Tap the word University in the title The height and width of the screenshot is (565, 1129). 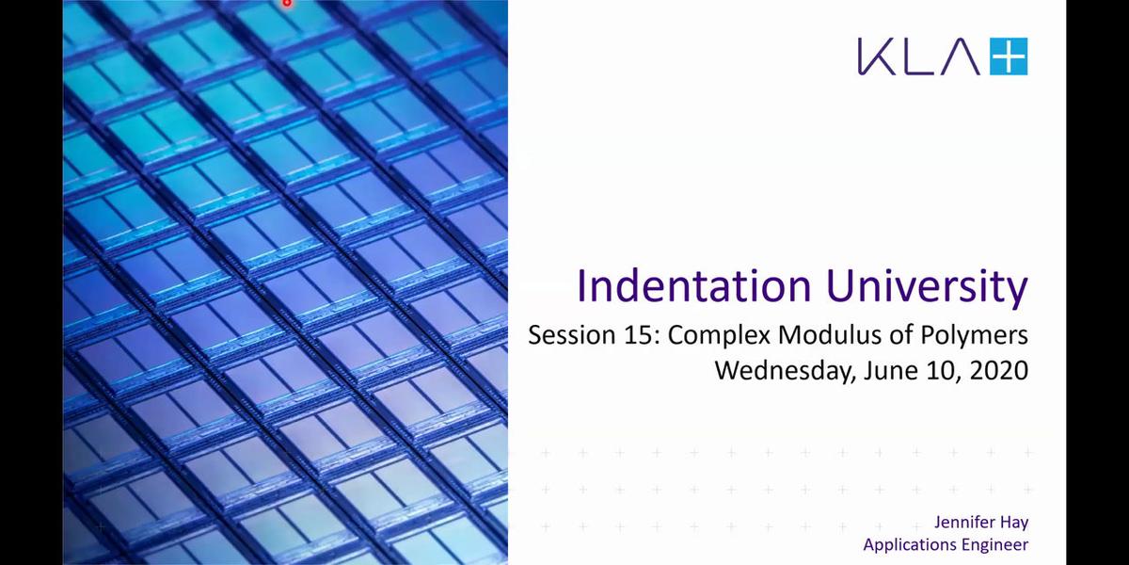[928, 287]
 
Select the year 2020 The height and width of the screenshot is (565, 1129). [999, 371]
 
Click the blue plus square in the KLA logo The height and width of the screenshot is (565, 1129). [1009, 56]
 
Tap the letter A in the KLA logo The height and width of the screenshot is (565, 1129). [958, 56]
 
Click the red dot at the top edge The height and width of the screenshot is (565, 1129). [287, 3]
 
